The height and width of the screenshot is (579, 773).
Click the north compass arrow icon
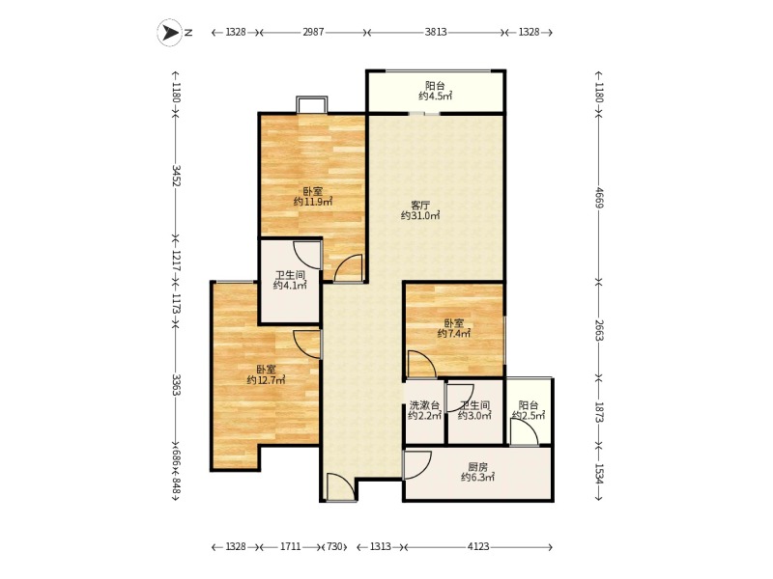[170, 33]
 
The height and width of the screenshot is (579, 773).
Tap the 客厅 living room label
[420, 206]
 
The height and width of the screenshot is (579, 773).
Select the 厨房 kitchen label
[477, 467]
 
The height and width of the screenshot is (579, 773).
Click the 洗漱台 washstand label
[424, 405]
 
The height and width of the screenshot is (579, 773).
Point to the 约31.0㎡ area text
[420, 215]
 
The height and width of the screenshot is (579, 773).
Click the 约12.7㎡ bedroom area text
[266, 380]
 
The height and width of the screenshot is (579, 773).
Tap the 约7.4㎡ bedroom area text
[454, 334]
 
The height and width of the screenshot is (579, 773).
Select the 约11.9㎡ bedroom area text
[312, 202]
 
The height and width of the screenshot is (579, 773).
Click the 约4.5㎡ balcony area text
[436, 96]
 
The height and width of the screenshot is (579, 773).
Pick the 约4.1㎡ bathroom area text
[290, 285]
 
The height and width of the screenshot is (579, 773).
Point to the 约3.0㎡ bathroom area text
[474, 416]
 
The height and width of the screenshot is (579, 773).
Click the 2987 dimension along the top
[313, 32]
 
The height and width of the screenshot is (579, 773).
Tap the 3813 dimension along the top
[436, 32]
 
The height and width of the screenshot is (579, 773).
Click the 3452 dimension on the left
[176, 176]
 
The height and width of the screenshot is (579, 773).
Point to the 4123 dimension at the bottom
[478, 546]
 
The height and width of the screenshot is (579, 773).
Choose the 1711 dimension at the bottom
[291, 546]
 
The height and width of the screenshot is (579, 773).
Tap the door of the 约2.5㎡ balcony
[524, 432]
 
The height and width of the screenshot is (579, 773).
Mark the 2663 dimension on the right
[599, 329]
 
